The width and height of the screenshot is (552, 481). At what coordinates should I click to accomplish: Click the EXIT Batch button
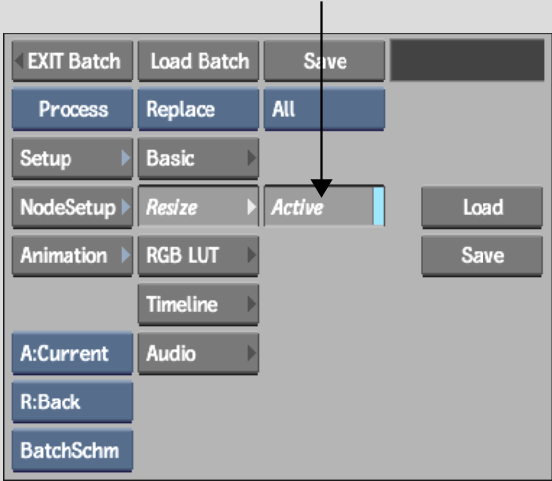click(x=72, y=61)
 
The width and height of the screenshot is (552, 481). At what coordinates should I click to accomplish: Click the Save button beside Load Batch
click(x=325, y=61)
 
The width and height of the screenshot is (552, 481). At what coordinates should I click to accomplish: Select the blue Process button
click(x=72, y=109)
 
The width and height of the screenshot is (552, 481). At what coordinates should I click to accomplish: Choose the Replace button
click(x=199, y=109)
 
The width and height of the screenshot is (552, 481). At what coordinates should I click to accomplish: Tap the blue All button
click(x=325, y=109)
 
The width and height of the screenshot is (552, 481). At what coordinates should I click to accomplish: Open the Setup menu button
click(x=72, y=158)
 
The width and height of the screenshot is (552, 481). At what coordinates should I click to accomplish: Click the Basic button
click(x=199, y=158)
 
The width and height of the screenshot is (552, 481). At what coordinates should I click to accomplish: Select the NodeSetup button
click(x=72, y=207)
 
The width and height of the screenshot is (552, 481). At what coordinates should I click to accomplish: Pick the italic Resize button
click(x=199, y=206)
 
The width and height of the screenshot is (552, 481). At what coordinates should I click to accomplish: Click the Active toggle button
click(x=325, y=206)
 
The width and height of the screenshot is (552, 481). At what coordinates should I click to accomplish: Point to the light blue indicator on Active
click(x=379, y=206)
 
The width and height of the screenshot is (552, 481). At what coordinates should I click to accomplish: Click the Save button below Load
click(x=482, y=255)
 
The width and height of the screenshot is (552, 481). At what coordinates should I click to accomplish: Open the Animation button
click(x=72, y=255)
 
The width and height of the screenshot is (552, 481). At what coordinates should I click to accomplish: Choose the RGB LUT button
click(x=199, y=255)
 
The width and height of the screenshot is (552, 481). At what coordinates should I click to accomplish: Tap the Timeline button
click(x=199, y=304)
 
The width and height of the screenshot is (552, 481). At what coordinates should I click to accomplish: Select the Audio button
click(x=199, y=353)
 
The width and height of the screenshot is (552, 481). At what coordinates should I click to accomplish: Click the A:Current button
click(x=72, y=353)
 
